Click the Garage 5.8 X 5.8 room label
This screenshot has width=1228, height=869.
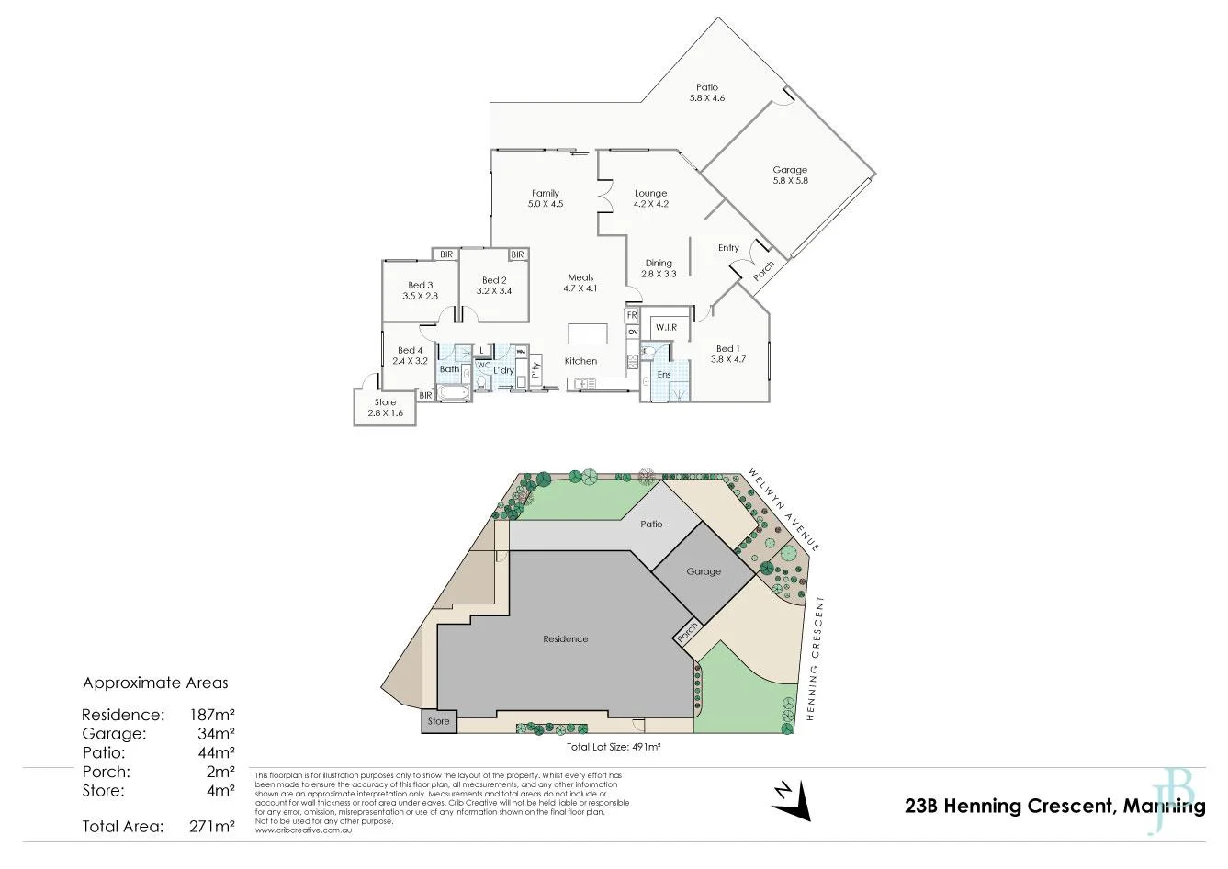[x=789, y=175]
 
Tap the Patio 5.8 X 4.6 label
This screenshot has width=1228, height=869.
[x=706, y=92]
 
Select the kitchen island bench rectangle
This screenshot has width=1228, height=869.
[x=581, y=333]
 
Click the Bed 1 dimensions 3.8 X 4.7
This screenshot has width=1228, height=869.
[x=727, y=360]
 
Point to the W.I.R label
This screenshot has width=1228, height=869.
[x=664, y=328]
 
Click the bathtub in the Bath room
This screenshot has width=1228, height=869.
[x=453, y=393]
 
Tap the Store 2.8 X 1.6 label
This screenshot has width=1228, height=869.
[x=385, y=408]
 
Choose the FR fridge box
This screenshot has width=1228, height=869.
[x=632, y=315]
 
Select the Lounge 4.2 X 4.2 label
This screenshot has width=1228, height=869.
[x=650, y=198]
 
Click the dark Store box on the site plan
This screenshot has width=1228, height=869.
[x=438, y=721]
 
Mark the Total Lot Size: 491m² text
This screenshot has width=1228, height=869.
[x=614, y=748]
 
